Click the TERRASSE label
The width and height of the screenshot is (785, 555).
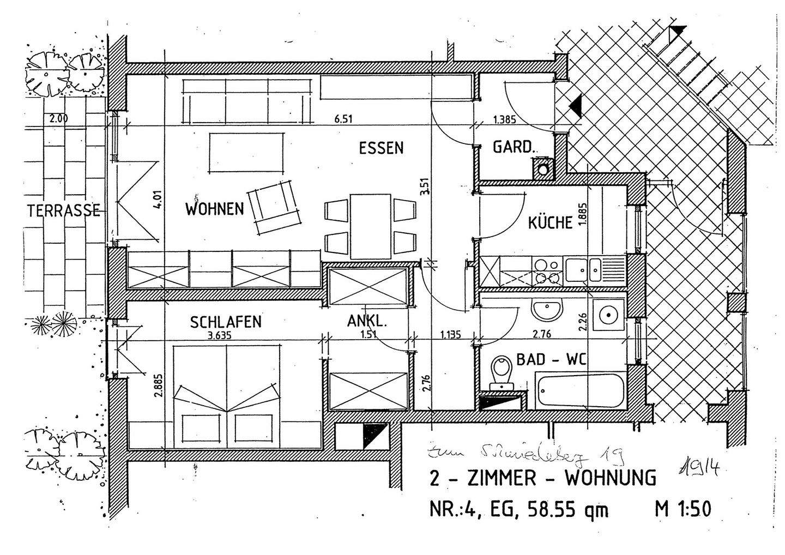point(64,211)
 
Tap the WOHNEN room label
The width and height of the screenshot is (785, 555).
point(214,209)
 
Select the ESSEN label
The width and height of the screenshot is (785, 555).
point(381,148)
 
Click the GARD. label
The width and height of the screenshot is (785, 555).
point(513,147)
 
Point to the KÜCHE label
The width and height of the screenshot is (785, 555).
point(551,223)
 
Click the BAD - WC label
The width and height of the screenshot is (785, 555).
point(551,359)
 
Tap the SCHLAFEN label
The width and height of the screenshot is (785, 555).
point(226,322)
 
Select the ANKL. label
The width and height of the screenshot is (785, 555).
point(367,322)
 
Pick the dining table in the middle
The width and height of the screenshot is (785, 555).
point(371,225)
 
